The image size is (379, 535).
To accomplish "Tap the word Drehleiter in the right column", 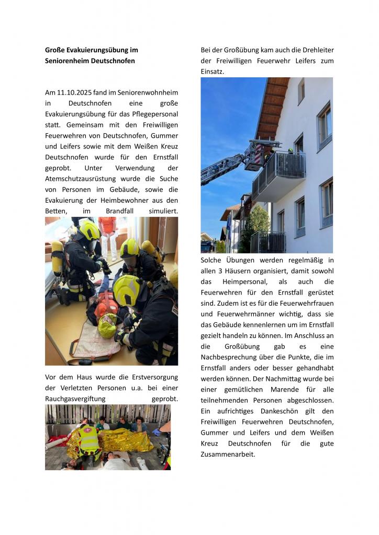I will [316, 50].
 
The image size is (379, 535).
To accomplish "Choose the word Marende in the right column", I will [283, 389].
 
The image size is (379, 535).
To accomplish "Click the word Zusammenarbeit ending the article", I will [228, 454].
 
